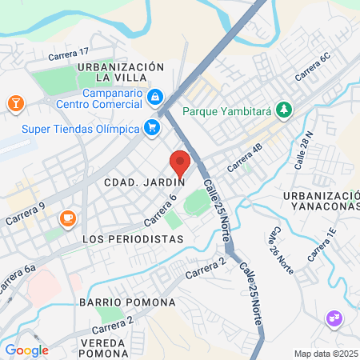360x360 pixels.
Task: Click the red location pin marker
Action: coord(180,164)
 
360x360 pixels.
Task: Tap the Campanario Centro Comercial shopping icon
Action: coord(156,98)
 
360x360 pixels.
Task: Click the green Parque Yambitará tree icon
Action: coord(283,110)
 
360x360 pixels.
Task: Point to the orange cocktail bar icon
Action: coord(14,103)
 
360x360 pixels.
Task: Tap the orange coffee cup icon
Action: coord(67,218)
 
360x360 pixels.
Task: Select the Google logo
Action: coord(26,350)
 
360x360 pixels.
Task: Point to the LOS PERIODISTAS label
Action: coord(133,239)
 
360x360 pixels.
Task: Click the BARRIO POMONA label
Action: coord(127,302)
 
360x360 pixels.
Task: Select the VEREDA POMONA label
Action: coord(104,346)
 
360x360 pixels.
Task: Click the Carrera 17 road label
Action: coord(71,53)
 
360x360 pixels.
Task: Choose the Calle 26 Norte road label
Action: coord(281,251)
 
